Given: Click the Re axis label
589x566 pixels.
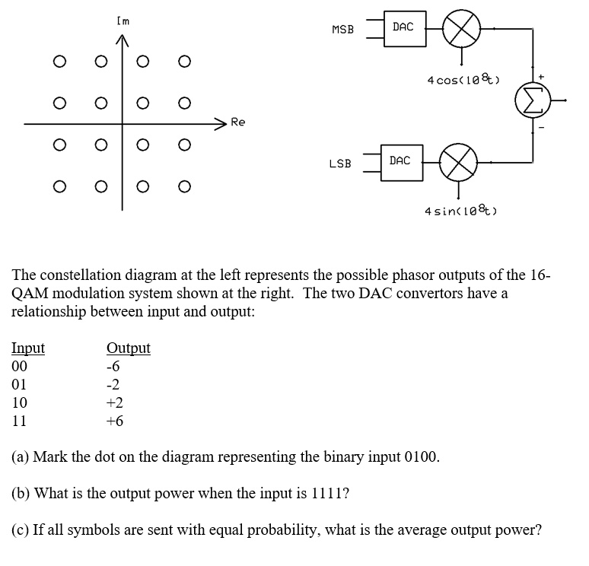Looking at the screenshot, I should (238, 122).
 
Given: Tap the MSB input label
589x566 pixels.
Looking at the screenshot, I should (343, 30).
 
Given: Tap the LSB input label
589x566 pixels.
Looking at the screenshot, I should (340, 163).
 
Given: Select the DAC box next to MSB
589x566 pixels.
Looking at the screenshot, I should (403, 28).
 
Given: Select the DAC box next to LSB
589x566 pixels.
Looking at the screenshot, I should (400, 161).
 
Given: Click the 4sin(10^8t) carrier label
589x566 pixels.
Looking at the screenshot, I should (460, 211).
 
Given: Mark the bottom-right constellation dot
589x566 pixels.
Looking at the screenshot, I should (182, 185).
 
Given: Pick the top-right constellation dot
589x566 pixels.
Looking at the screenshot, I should (182, 62).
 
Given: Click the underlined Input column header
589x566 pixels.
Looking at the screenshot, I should (28, 348).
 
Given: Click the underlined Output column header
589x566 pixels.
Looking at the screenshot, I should (129, 348).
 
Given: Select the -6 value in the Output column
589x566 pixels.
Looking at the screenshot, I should (115, 367).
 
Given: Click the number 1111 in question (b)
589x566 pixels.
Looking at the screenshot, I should (330, 493).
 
